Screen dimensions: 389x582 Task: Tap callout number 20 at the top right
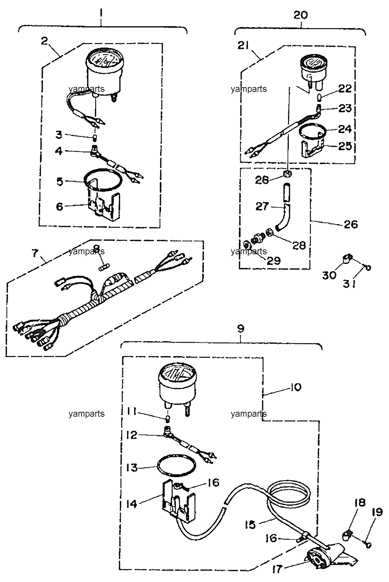[300, 15]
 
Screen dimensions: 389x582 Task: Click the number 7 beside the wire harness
[35, 253]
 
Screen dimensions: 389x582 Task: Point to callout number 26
[350, 224]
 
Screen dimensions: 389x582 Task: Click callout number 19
[377, 512]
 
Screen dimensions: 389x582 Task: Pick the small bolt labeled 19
[368, 544]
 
